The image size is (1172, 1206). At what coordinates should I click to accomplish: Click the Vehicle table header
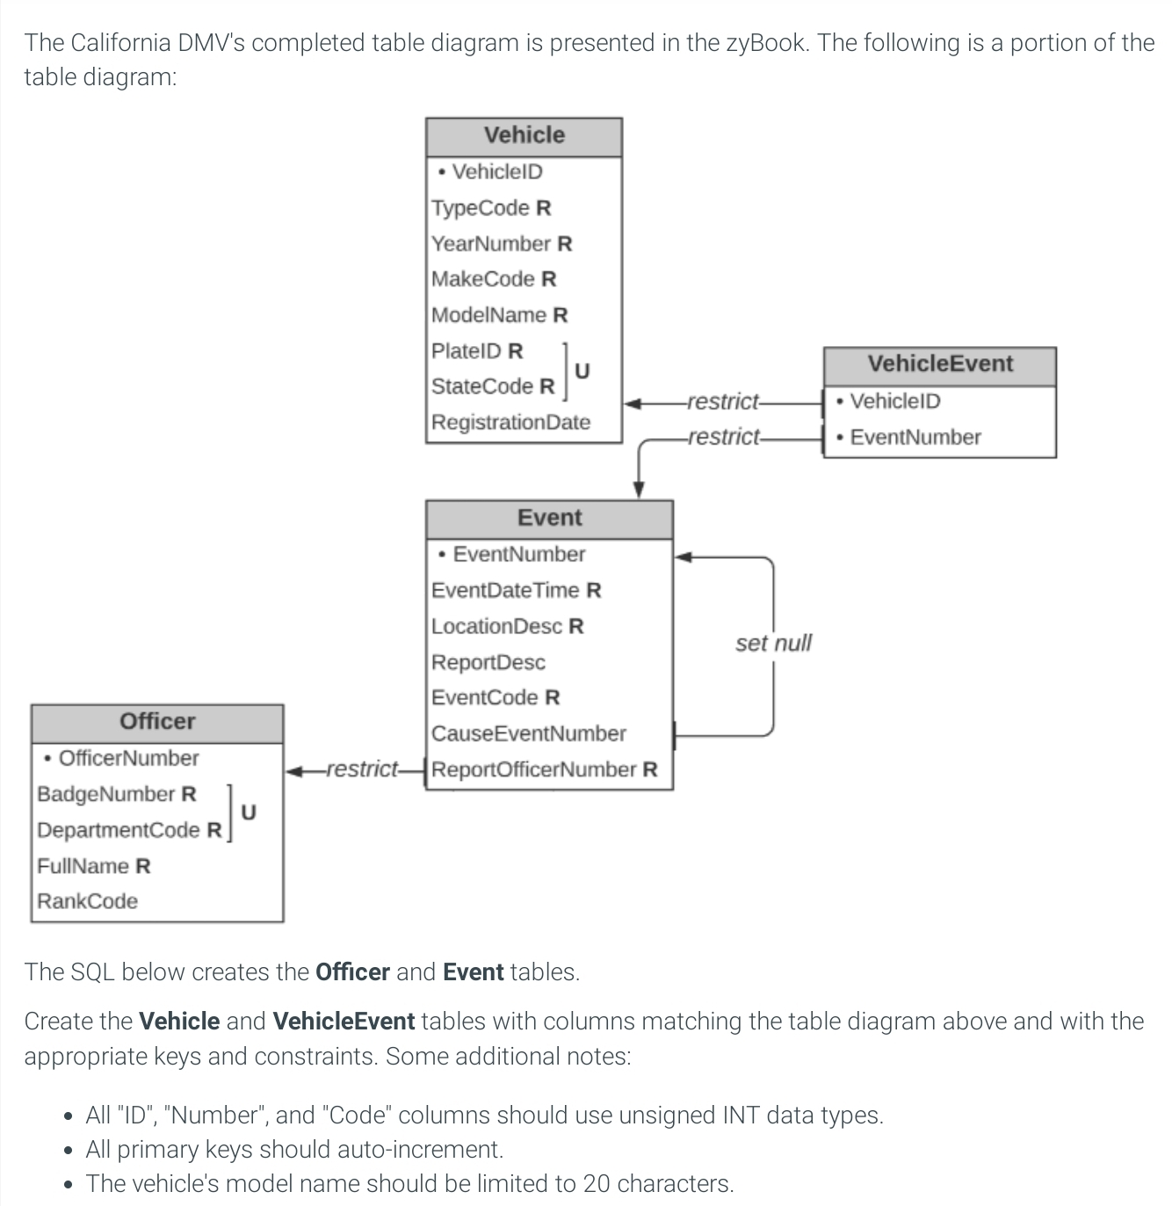tap(524, 135)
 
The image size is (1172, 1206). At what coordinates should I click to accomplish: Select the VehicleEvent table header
tap(939, 364)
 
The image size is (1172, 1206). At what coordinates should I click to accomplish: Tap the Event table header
tap(549, 518)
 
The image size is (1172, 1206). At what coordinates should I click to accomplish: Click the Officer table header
tap(156, 721)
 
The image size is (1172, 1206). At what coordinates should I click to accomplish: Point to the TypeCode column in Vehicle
tap(491, 208)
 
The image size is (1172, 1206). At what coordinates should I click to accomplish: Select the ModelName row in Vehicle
tap(499, 315)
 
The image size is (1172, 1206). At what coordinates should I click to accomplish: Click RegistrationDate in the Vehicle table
tap(510, 422)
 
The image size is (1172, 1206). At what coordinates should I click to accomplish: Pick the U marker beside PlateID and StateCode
tap(582, 371)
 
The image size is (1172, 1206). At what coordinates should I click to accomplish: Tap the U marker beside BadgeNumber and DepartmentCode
tap(249, 812)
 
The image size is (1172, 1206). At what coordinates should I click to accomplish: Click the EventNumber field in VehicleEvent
tap(915, 437)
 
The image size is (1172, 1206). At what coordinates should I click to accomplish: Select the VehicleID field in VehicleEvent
tap(894, 401)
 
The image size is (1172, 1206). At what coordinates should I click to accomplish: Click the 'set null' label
tap(773, 644)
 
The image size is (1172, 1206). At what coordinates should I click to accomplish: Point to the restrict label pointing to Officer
tap(361, 769)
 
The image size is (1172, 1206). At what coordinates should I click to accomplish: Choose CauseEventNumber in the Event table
tap(528, 733)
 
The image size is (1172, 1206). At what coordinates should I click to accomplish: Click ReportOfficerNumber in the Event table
tap(544, 769)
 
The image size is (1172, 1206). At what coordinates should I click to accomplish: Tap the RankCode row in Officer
tap(87, 901)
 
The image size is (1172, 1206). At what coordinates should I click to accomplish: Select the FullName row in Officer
tap(93, 866)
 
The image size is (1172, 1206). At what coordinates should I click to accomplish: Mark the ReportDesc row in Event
tap(488, 662)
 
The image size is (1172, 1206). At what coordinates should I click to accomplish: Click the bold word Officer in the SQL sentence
tap(351, 972)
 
